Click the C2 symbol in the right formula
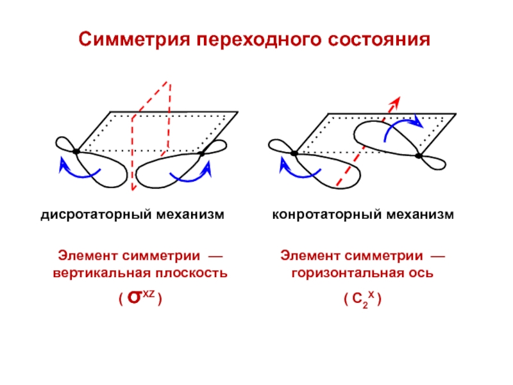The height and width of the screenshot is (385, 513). (x=357, y=300)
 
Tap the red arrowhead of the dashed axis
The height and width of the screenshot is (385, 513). (x=396, y=101)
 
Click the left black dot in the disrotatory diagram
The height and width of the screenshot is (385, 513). (x=76, y=151)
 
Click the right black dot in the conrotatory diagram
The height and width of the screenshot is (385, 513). (x=419, y=155)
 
